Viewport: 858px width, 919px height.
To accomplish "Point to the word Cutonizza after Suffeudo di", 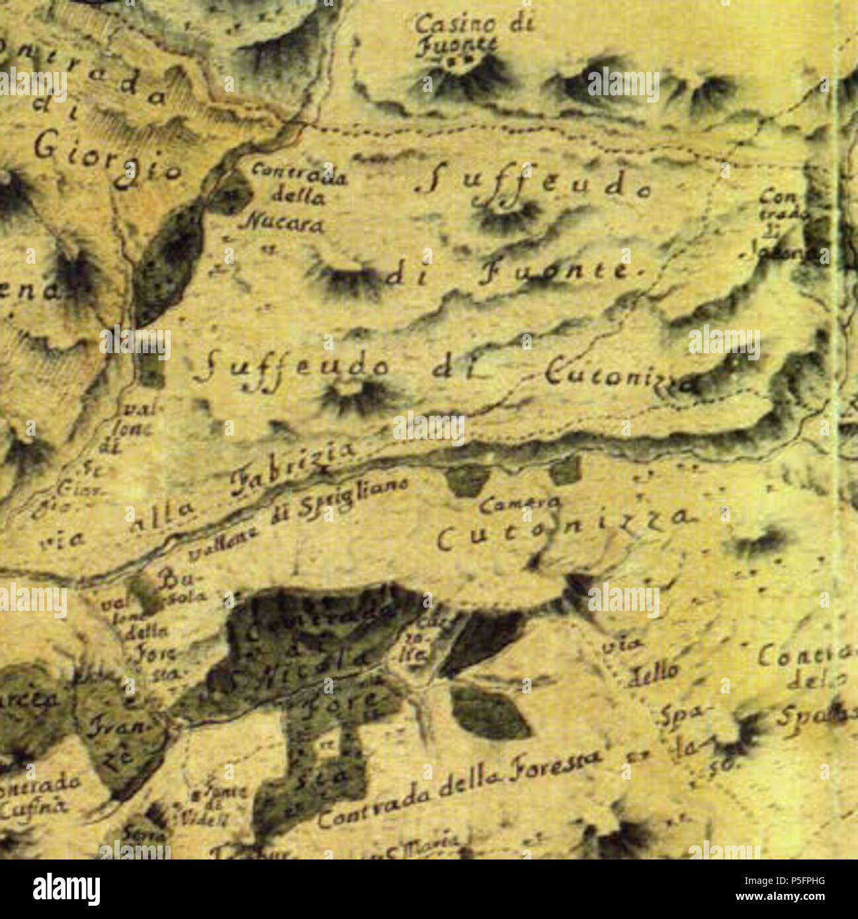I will pos(619,377).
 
